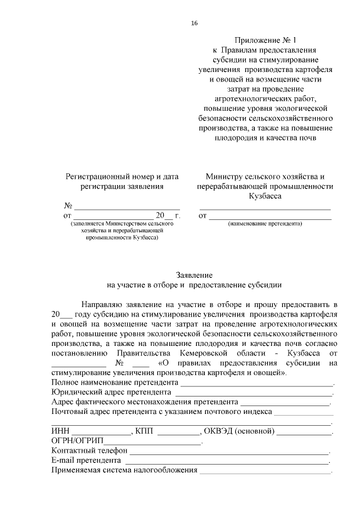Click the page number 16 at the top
(194, 23)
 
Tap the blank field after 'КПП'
(179, 432)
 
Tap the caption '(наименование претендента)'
(265, 224)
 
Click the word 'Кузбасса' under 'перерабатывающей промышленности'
(265, 196)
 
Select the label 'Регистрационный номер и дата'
(122, 176)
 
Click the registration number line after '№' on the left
(127, 206)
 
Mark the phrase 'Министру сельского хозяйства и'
(265, 176)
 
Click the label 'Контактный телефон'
(89, 451)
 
